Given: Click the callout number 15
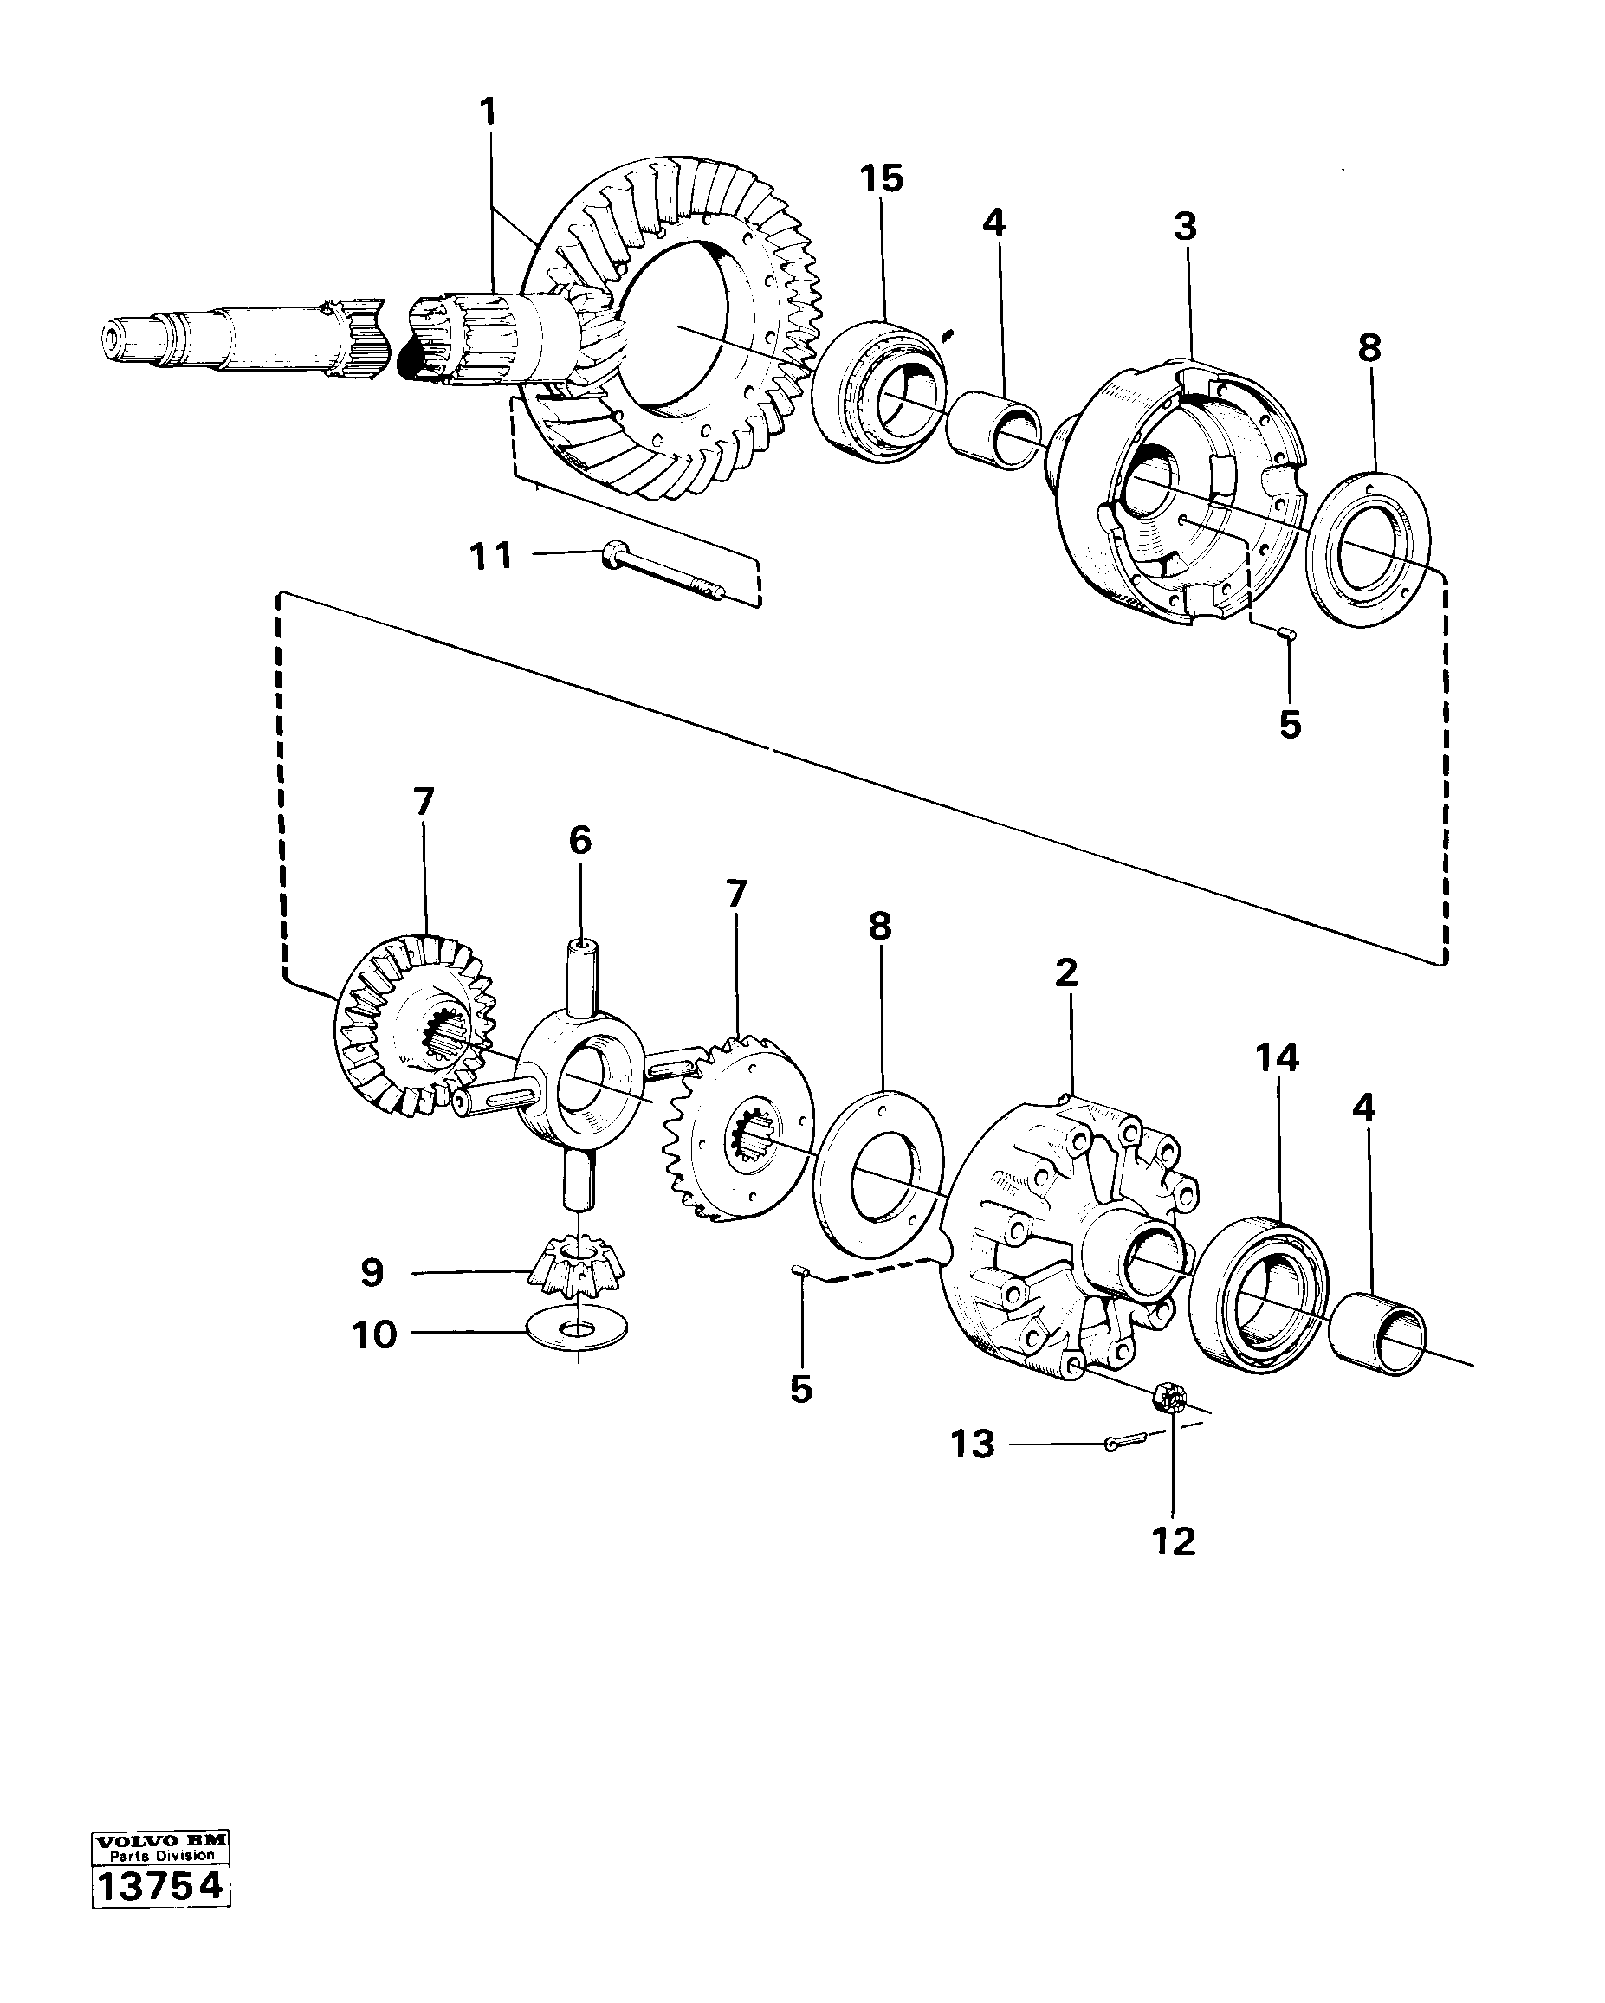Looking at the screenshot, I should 880,178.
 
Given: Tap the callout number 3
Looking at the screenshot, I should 1185,227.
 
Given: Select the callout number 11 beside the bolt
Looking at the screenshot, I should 491,557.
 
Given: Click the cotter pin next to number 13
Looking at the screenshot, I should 1122,1442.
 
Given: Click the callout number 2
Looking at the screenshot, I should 1066,972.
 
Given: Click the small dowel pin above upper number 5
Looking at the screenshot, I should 1287,634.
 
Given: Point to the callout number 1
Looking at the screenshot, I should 488,113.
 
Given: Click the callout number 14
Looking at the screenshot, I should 1277,1057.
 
